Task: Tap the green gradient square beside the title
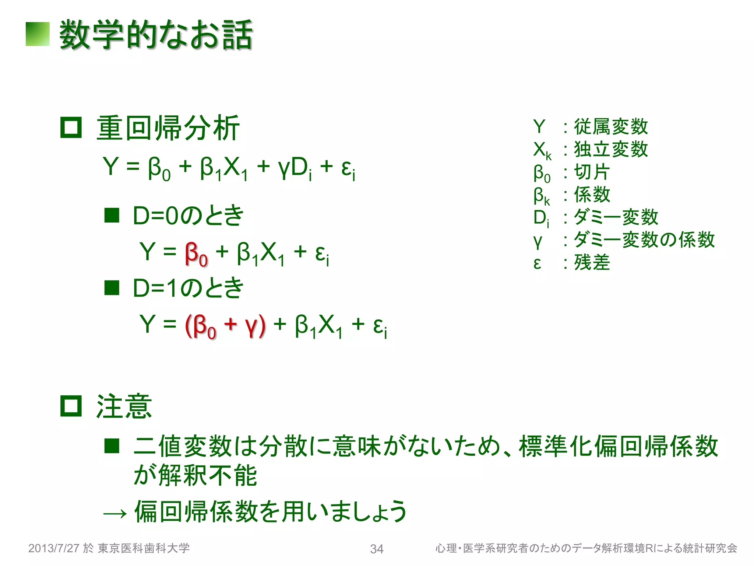pyautogui.click(x=38, y=34)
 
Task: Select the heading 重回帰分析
pyautogui.click(x=168, y=128)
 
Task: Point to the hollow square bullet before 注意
pyautogui.click(x=71, y=406)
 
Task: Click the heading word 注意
pyautogui.click(x=124, y=406)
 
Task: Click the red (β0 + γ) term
pyautogui.click(x=225, y=326)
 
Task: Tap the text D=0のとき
pyautogui.click(x=188, y=215)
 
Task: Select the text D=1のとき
pyautogui.click(x=188, y=288)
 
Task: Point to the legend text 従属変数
pyautogui.click(x=611, y=126)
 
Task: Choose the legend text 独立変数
pyautogui.click(x=611, y=149)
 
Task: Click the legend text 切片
pyautogui.click(x=592, y=172)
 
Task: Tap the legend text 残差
pyautogui.click(x=592, y=262)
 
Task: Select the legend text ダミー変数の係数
pyautogui.click(x=644, y=240)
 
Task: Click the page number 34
pyautogui.click(x=377, y=549)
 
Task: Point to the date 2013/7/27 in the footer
pyautogui.click(x=54, y=548)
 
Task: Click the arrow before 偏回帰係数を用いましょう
pyautogui.click(x=115, y=513)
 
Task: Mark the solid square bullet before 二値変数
pyautogui.click(x=112, y=446)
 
